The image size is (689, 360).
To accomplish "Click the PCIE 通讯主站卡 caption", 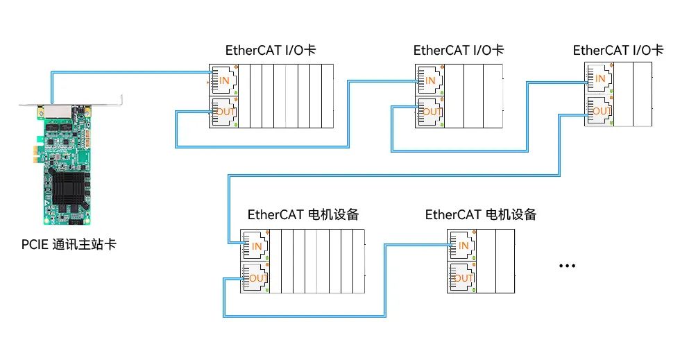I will tap(67, 244).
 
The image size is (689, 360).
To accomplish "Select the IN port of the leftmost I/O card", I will tap(223, 80).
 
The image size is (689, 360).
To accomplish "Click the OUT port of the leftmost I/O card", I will tap(223, 112).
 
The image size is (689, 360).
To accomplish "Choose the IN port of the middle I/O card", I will tap(429, 80).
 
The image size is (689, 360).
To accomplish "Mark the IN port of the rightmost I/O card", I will tap(599, 78).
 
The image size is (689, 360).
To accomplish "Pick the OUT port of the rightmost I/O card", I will tap(599, 111).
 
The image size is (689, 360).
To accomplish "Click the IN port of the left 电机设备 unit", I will tap(255, 246).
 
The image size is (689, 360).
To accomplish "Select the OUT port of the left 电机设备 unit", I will tap(255, 278).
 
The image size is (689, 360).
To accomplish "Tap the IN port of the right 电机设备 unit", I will tap(461, 246).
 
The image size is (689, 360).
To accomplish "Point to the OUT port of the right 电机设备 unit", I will tap(461, 278).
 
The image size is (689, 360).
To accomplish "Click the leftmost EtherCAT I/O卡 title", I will tap(271, 50).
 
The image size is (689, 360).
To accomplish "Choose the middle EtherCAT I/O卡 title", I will tap(459, 50).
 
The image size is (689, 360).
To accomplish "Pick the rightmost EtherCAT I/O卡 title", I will tap(618, 50).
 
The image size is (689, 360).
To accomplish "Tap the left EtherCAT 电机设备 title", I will tap(303, 214).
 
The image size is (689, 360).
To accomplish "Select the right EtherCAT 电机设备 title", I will tap(481, 214).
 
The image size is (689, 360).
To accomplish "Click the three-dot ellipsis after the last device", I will tap(568, 266).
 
